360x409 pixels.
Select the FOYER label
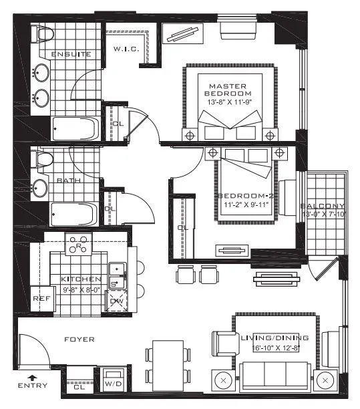(79, 339)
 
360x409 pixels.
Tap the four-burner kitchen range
(78, 245)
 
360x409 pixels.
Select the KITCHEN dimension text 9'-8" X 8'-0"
(80, 290)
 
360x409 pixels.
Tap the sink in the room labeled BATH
(40, 187)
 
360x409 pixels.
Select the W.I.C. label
(126, 49)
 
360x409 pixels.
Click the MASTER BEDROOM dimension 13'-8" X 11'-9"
(228, 102)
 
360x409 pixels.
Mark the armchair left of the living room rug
(222, 344)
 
